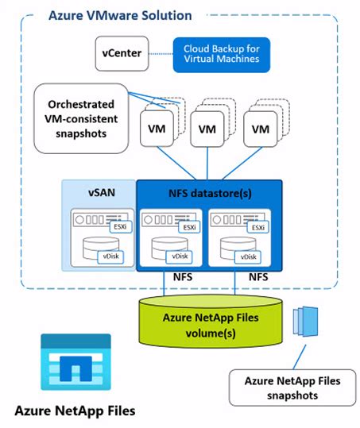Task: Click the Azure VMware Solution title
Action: [x=119, y=15]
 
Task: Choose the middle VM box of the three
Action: [x=207, y=129]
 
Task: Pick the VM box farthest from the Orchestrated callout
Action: [x=260, y=129]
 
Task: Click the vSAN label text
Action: [x=102, y=192]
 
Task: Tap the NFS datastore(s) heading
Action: [x=210, y=192]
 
